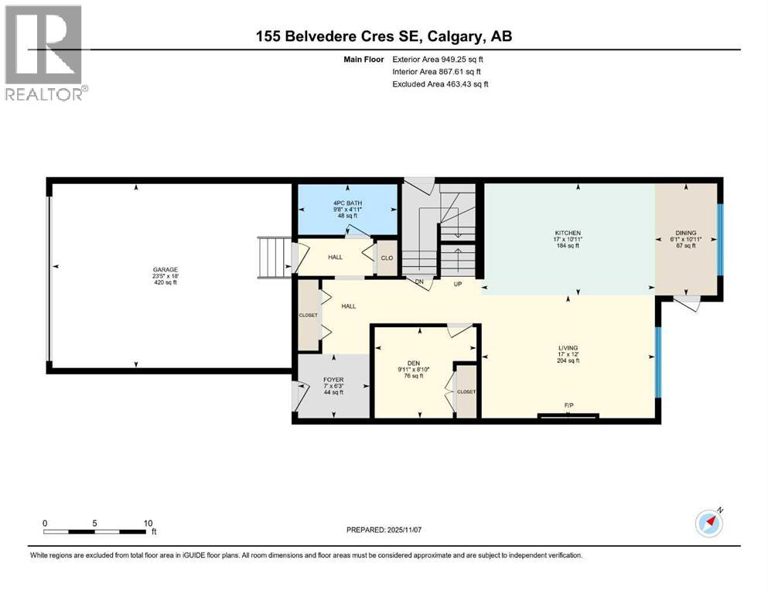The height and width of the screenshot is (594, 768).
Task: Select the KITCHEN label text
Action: [x=567, y=233]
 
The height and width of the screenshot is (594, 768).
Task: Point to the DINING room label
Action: [x=686, y=233]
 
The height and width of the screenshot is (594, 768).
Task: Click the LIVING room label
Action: [x=568, y=348]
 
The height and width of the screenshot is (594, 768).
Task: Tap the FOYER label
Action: [x=333, y=380]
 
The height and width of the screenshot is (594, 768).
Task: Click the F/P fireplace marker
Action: [x=568, y=405]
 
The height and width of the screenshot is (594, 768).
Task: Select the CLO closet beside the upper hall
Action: [x=385, y=259]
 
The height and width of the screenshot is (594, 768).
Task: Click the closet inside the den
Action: [x=466, y=391]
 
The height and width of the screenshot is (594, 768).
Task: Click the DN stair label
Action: [x=419, y=283]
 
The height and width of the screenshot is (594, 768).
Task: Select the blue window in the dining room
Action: [x=720, y=239]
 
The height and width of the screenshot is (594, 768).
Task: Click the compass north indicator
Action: [x=708, y=524]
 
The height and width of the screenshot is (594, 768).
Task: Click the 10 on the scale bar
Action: [x=147, y=523]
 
